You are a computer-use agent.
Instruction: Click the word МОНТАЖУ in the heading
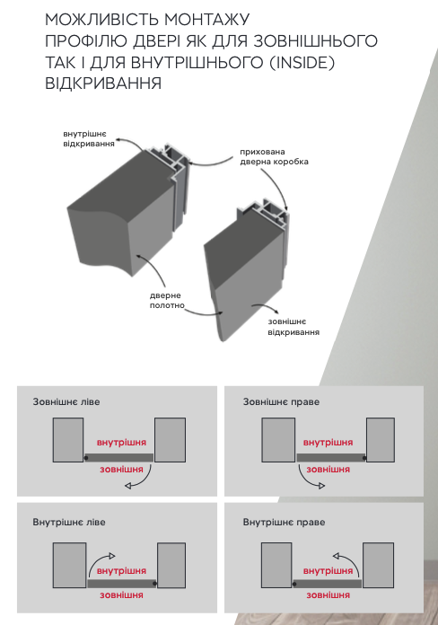tap(206, 20)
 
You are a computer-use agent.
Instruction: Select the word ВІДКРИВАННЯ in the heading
tap(103, 84)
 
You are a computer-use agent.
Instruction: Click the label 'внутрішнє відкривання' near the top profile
tap(89, 138)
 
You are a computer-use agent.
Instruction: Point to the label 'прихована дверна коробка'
tap(274, 156)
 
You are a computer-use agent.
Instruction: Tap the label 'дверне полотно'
tap(167, 301)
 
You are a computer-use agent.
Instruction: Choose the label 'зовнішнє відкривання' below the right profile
tap(293, 327)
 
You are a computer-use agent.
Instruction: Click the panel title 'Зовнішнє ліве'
tap(66, 401)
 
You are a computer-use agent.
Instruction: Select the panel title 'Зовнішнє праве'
tap(281, 401)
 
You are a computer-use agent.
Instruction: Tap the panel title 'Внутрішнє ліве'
tap(69, 522)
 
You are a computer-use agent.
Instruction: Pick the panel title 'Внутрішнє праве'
tap(284, 522)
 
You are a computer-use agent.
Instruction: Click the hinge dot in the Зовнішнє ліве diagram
tap(86, 458)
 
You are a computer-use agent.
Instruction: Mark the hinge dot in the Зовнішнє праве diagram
tap(364, 458)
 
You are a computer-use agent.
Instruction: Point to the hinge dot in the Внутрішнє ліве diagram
tap(154, 584)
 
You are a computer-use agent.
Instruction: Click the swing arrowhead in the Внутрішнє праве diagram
tap(336, 556)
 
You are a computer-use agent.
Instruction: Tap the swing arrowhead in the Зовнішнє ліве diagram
tap(128, 486)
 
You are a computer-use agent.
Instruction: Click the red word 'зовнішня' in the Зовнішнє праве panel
tap(328, 470)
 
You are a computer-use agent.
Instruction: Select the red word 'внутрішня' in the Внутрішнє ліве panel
tap(121, 571)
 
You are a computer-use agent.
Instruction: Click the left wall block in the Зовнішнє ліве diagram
tap(68, 440)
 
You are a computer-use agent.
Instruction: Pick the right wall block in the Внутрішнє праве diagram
tap(378, 565)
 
